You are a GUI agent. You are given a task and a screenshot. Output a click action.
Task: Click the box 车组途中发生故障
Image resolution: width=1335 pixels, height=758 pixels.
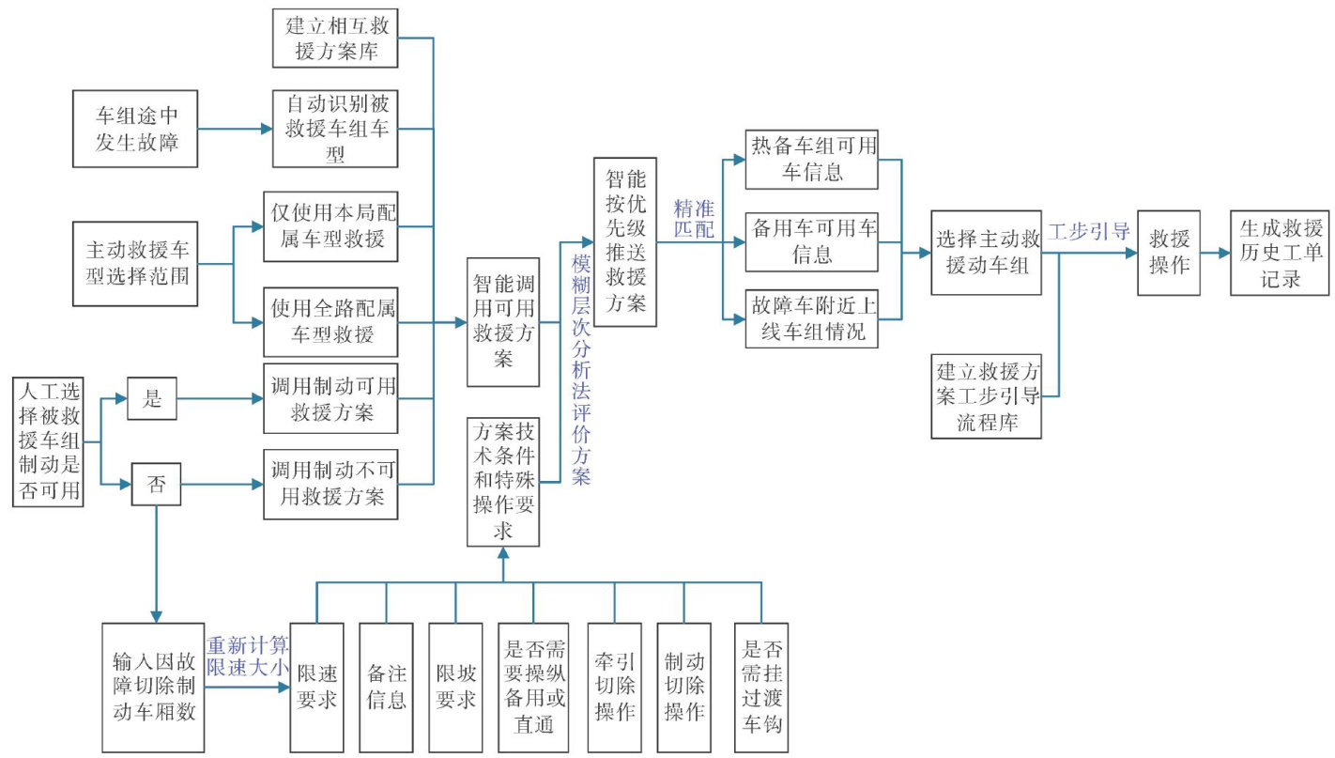pyautogui.click(x=136, y=129)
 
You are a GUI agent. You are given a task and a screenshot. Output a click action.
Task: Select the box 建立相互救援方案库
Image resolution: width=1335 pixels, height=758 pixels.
pyautogui.click(x=335, y=38)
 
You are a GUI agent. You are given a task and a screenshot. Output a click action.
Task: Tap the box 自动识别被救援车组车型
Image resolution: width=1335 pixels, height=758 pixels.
pyautogui.click(x=335, y=129)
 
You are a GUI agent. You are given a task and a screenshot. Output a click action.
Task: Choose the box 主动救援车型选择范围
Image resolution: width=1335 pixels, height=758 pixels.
pyautogui.click(x=136, y=264)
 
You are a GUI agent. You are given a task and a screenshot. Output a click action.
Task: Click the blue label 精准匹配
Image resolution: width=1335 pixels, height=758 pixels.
pyautogui.click(x=694, y=218)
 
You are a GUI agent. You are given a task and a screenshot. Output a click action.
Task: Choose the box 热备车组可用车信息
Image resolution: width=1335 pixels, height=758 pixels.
pyautogui.click(x=811, y=159)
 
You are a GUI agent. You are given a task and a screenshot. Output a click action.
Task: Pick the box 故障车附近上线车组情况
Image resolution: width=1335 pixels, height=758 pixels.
pyautogui.click(x=811, y=319)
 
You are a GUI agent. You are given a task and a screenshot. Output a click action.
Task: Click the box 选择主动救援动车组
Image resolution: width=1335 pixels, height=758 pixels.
pyautogui.click(x=987, y=253)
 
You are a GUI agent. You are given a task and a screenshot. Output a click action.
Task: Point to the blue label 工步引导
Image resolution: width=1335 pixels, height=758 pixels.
pyautogui.click(x=1089, y=231)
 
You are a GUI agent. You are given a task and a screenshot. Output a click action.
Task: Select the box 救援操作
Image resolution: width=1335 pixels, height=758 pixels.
pyautogui.click(x=1169, y=253)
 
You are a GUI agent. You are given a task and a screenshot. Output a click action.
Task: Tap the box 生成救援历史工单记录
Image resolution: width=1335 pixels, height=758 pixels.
pyautogui.click(x=1280, y=253)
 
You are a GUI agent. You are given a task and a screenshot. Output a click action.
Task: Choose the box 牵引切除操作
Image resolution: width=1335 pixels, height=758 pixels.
pyautogui.click(x=615, y=688)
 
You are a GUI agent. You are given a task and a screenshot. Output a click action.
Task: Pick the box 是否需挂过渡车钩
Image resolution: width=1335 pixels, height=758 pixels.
pyautogui.click(x=761, y=688)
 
